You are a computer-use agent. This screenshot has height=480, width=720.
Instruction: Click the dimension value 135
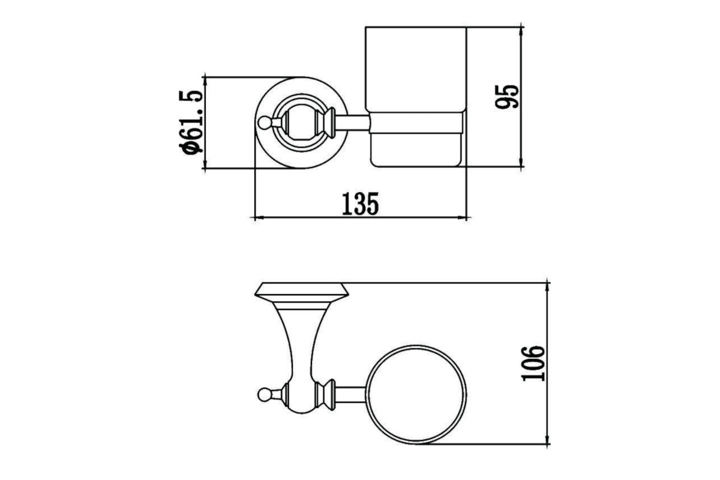pyautogui.click(x=360, y=204)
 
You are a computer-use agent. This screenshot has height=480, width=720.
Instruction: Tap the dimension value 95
pyautogui.click(x=507, y=97)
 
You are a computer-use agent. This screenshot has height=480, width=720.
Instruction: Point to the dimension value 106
pyautogui.click(x=533, y=364)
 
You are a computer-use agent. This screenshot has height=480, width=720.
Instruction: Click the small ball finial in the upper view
pyautogui.click(x=263, y=122)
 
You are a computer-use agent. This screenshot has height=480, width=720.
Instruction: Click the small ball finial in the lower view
pyautogui.click(x=264, y=395)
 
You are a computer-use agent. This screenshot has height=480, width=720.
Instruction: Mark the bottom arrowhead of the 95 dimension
pyautogui.click(x=521, y=163)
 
